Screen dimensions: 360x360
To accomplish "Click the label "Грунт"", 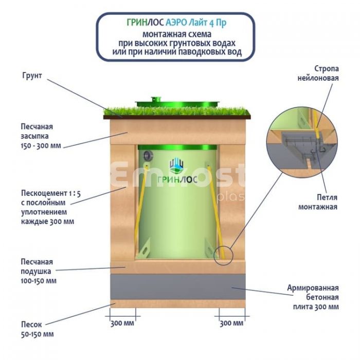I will (x=32, y=76).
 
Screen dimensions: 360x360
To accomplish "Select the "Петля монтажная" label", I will (x=317, y=202).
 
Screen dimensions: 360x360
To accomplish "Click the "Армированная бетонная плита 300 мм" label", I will (x=313, y=297).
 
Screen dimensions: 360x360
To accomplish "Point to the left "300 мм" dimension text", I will (x=122, y=323).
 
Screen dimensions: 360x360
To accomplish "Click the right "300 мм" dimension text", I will (x=231, y=323).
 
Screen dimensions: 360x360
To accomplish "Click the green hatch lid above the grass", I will (x=177, y=103).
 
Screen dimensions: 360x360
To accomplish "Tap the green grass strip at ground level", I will (x=177, y=112).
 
